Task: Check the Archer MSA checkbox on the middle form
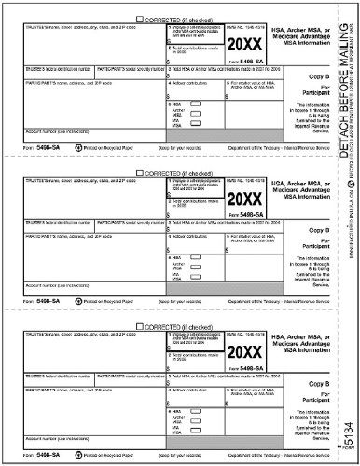tap(195, 261)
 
